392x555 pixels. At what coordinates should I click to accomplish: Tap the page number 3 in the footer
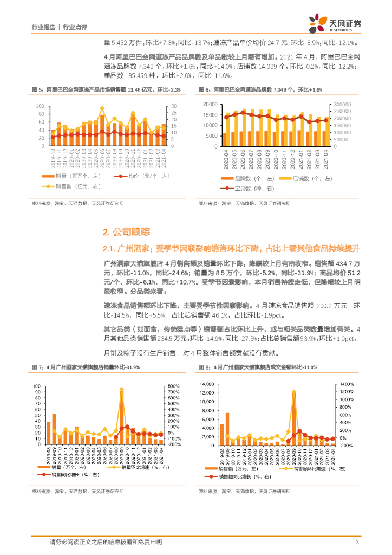point(357,542)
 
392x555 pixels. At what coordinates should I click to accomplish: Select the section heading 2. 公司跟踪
point(126,232)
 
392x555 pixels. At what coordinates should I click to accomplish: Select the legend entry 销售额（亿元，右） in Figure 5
point(78,186)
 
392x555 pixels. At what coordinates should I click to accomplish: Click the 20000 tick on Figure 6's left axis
point(209,104)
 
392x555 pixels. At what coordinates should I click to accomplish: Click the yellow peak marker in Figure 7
point(121,389)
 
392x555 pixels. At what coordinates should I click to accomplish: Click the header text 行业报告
point(44,27)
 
